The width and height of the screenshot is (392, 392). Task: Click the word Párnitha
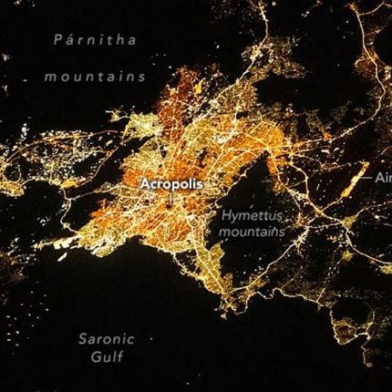click(95, 40)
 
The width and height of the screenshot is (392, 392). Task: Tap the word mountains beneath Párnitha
click(95, 77)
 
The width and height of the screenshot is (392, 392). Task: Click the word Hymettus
click(252, 216)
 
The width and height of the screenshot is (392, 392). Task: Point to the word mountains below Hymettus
click(252, 232)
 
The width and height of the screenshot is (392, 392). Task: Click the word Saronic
click(106, 339)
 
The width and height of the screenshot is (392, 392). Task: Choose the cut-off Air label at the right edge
click(383, 178)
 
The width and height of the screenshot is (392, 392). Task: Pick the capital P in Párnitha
click(58, 40)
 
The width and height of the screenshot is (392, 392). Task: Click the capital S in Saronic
click(81, 339)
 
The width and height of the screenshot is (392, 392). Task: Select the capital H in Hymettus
click(226, 216)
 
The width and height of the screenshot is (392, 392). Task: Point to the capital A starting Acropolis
click(144, 183)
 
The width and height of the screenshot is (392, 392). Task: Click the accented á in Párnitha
click(69, 40)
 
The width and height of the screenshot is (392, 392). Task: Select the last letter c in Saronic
click(130, 339)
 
